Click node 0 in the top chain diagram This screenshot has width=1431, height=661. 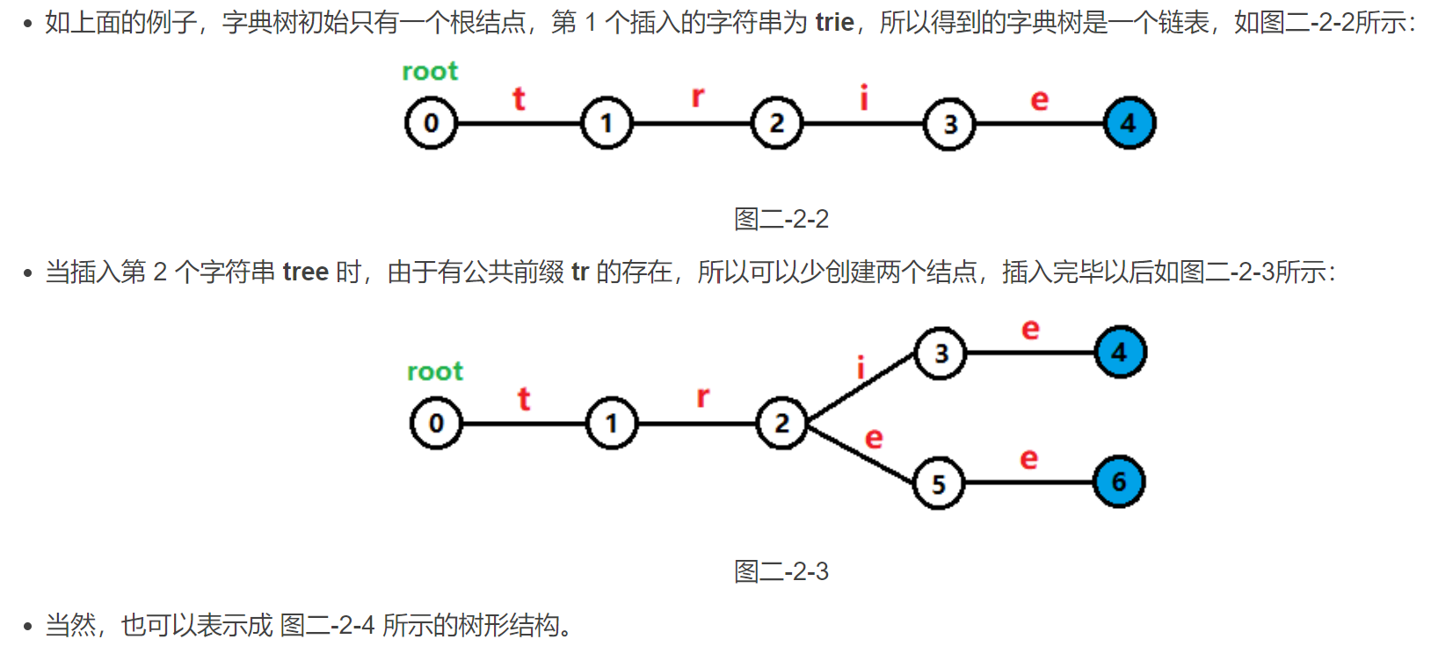coord(431,123)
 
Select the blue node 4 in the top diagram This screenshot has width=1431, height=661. coord(1130,123)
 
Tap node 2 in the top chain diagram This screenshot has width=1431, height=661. coord(777,123)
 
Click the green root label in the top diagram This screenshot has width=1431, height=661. coord(430,71)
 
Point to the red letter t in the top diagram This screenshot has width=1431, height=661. coord(519,98)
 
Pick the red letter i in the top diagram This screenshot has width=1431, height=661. coord(864,97)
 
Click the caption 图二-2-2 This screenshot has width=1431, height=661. coord(781,219)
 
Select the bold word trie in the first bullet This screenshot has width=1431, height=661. coord(834,22)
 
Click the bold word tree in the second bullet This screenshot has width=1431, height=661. coord(305,272)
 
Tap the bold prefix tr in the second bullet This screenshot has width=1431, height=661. coord(579,272)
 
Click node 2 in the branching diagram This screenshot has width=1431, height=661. coord(781,424)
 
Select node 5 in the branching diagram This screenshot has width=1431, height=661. coord(939,483)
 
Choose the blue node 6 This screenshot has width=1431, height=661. coord(1119,482)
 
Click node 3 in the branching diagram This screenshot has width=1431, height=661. coord(941,353)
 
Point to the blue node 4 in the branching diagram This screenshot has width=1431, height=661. coord(1120,352)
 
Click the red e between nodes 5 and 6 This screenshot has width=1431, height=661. coord(1028,459)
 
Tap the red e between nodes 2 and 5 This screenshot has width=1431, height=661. coord(873,438)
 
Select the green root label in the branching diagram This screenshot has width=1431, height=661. coord(435,372)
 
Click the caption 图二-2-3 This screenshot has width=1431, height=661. coord(781,572)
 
